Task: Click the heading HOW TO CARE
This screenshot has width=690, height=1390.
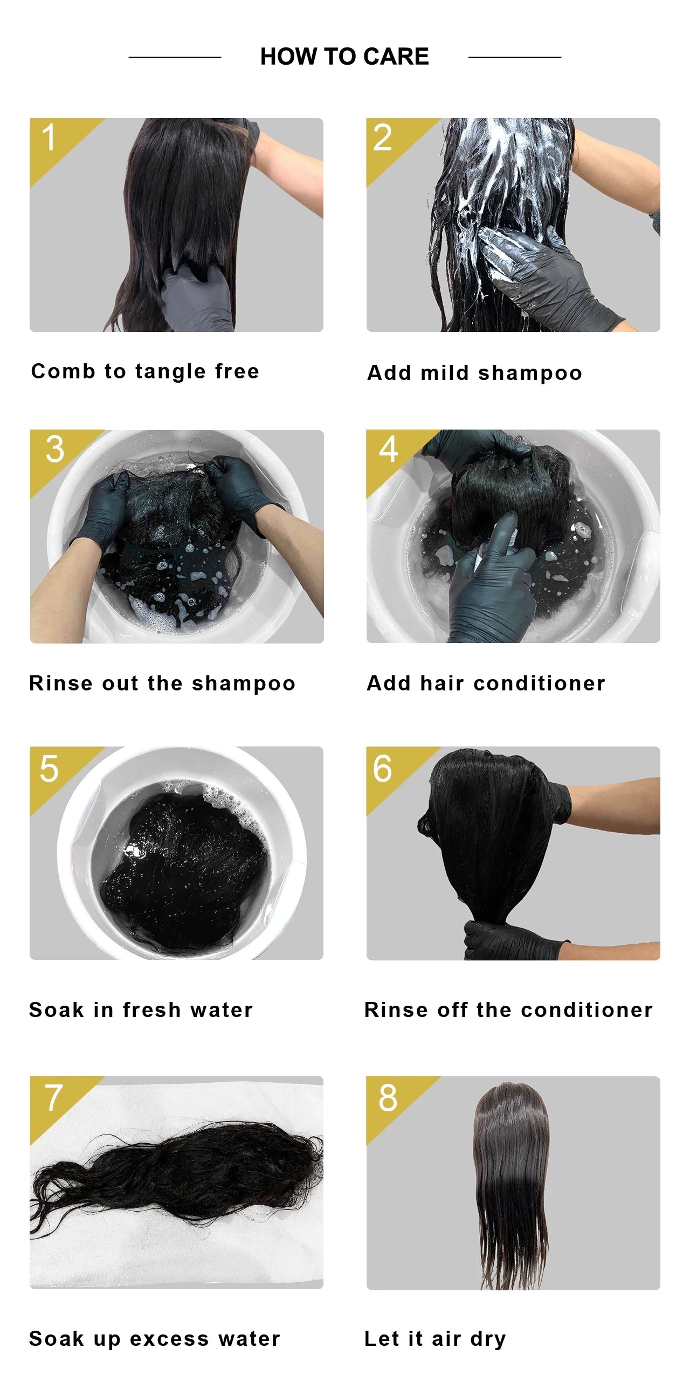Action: (x=344, y=57)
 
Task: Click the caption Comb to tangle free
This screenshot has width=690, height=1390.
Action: (x=145, y=372)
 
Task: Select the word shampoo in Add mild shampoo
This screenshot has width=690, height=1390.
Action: (x=530, y=374)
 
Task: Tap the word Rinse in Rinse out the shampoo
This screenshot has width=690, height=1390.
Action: (x=61, y=683)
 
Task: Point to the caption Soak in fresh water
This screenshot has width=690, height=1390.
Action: (x=141, y=1009)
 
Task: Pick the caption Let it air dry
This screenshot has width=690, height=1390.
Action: (x=436, y=1339)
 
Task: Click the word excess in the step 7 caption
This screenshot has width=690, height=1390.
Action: (x=169, y=1339)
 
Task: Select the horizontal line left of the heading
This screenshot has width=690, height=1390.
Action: (x=175, y=57)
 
